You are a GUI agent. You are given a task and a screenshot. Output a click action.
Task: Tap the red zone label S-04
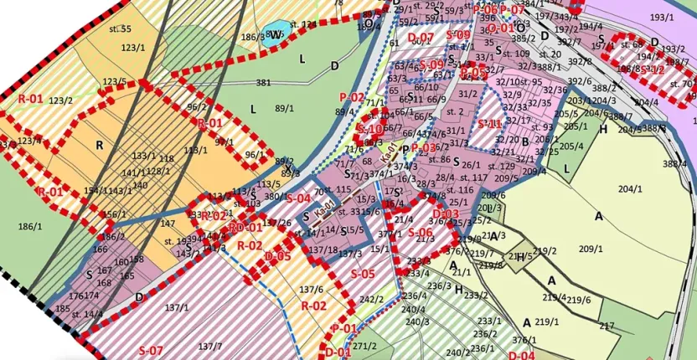coord(298,198)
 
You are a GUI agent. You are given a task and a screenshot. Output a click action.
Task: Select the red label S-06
coord(421,233)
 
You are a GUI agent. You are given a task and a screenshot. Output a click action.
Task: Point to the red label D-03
coord(447,214)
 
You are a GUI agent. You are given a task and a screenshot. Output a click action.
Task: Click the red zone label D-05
coord(277,256)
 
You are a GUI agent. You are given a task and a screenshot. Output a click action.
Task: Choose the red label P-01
coord(343,327)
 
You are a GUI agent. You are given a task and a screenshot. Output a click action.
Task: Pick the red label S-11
coord(489,124)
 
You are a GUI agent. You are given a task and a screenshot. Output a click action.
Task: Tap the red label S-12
coord(653,70)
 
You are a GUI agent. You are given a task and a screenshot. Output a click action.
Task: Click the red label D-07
coord(421,39)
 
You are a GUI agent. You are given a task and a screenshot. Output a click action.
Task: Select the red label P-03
coord(424,148)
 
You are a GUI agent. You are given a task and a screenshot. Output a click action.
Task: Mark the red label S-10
coord(369,129)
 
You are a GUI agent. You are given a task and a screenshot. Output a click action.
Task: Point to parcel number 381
coord(264,83)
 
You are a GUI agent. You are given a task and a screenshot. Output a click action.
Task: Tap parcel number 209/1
coord(591,249)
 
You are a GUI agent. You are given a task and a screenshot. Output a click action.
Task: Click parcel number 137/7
coord(209,346)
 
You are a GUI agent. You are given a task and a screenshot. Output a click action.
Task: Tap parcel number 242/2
coord(371,300)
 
